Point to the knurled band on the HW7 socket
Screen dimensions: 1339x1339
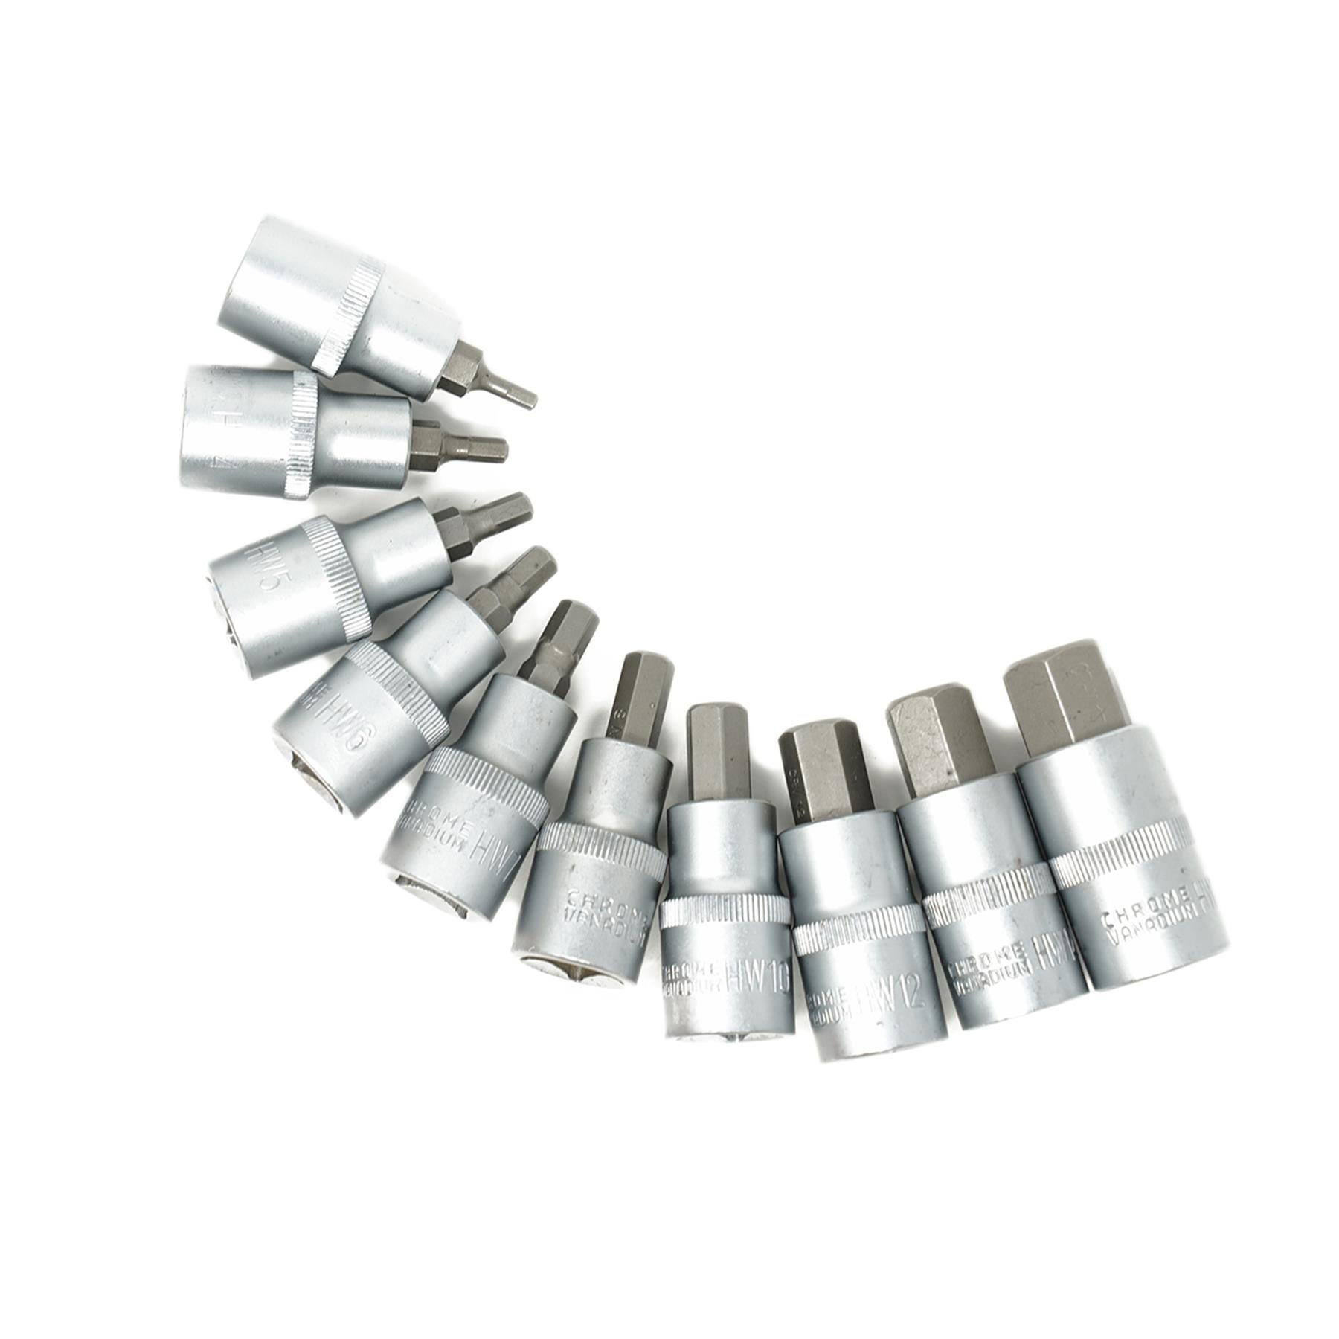(x=487, y=789)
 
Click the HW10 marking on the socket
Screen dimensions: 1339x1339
(x=759, y=980)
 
